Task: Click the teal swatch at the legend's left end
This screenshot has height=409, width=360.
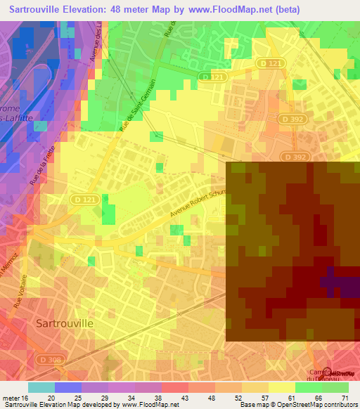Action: point(41,387)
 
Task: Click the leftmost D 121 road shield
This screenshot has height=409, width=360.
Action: point(83,200)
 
